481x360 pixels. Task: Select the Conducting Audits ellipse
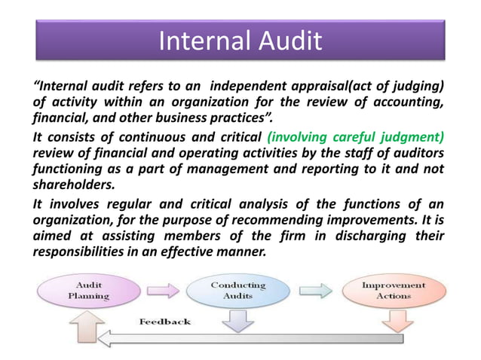237,290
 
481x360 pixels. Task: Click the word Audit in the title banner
286,41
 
